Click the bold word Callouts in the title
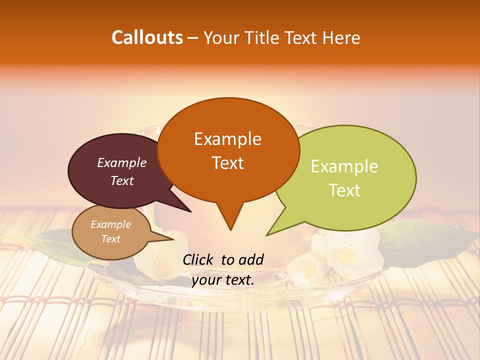point(147,37)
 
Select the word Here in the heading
point(341,38)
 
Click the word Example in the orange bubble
point(227,139)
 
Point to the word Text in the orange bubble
point(228,163)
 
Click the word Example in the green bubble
point(344,166)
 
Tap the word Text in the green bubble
point(345,190)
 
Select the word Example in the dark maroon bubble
point(121,163)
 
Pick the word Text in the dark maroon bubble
point(122,180)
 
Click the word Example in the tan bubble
point(110,224)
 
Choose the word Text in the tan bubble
point(111,239)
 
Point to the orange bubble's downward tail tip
point(230,230)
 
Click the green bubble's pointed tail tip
point(267,235)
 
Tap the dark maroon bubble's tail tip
point(190,211)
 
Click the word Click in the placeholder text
point(198,259)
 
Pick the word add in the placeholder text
point(250,259)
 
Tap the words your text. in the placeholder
point(223,280)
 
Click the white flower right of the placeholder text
point(347,255)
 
